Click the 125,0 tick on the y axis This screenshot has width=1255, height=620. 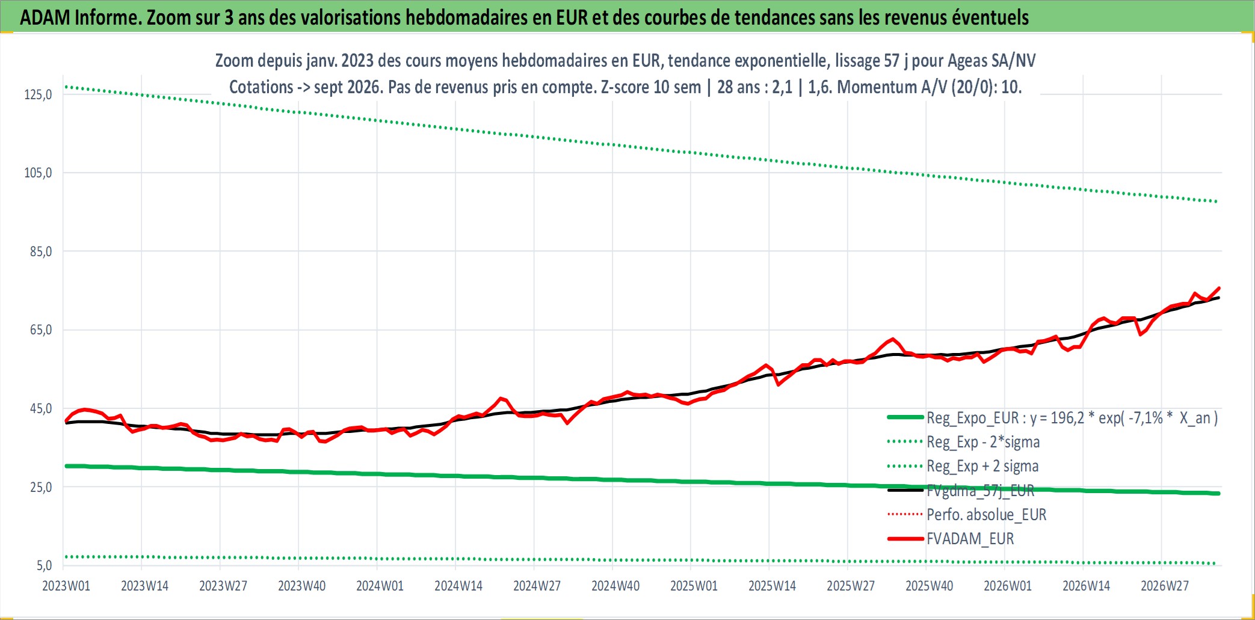coord(38,94)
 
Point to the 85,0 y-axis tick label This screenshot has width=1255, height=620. coord(41,251)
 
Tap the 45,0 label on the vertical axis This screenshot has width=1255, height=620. coord(41,408)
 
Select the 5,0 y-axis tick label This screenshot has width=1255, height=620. coord(45,565)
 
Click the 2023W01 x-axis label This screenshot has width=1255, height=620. coord(66,586)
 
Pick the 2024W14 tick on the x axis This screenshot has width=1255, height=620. coord(458,586)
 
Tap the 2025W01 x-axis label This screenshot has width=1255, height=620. coord(694,586)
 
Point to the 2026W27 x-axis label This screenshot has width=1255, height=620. coord(1165,586)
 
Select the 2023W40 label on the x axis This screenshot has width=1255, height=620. coord(301,586)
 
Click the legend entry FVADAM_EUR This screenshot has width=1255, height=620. coord(970,539)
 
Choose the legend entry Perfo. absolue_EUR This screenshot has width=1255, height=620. coord(987,515)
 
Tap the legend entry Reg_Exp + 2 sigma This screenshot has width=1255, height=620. coord(982,466)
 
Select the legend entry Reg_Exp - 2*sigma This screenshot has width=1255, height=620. coord(983,442)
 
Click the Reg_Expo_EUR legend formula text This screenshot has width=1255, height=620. coord(1072,418)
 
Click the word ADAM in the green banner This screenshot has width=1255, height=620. coord(45,17)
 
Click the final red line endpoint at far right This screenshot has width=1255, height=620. coord(1219,288)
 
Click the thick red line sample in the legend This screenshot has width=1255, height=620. coord(905,539)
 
